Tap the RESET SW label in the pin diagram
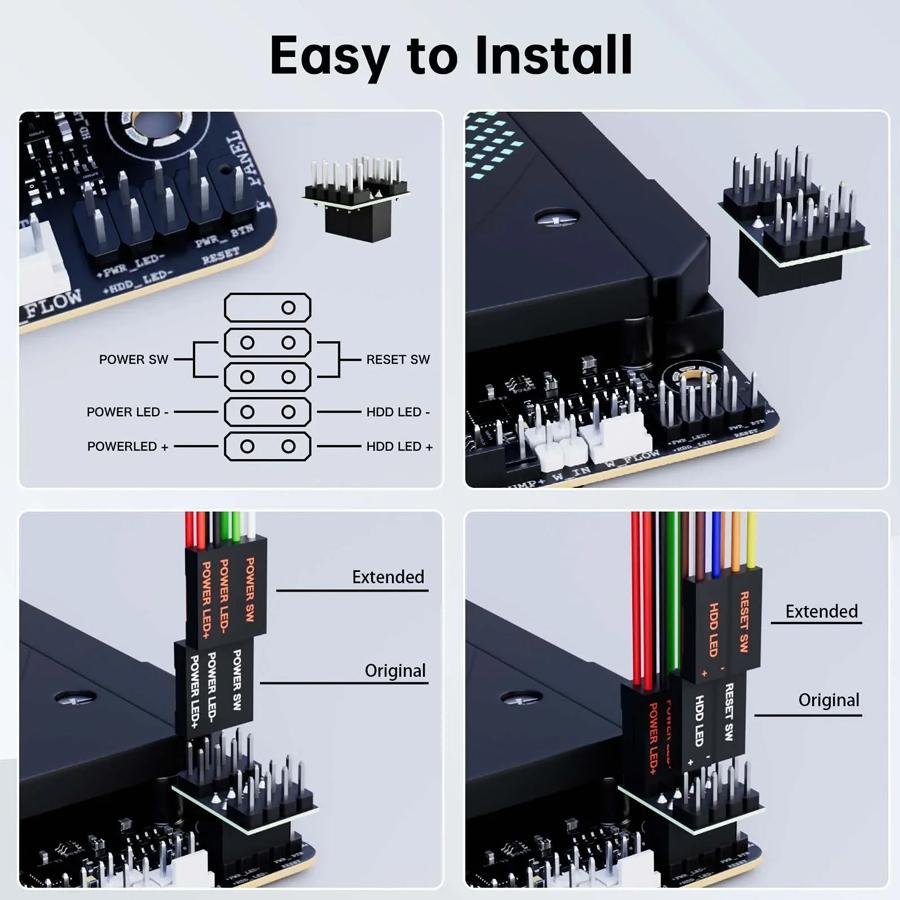[398, 359]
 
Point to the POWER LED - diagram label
[128, 411]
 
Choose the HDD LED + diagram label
[400, 446]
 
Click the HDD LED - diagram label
[398, 411]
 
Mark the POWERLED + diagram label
[128, 446]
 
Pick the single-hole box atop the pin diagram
[262, 306]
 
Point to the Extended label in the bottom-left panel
[388, 577]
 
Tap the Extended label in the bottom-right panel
[821, 611]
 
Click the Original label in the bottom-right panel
[828, 700]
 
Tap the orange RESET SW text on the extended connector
[743, 621]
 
